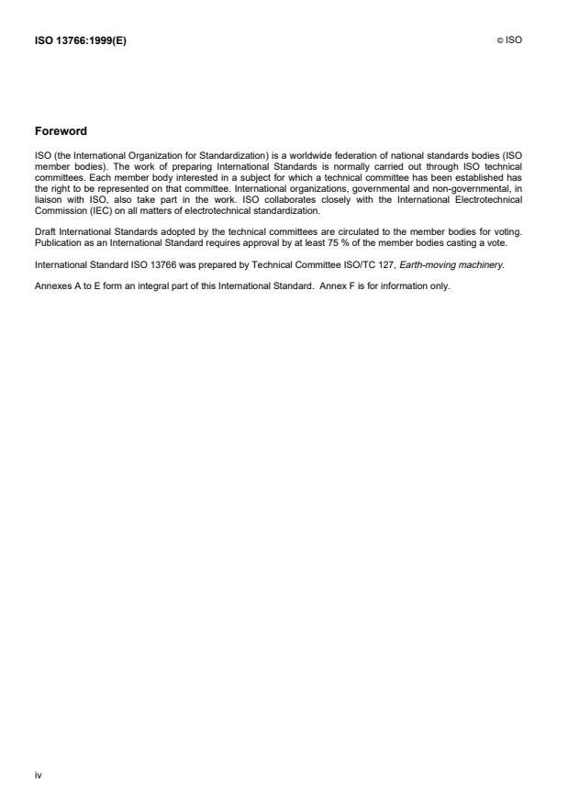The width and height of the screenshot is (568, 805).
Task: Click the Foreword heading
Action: pyautogui.click(x=61, y=131)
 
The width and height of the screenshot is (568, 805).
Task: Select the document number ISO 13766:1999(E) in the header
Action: pyautogui.click(x=81, y=40)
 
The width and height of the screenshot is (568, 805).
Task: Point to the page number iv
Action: pyautogui.click(x=39, y=776)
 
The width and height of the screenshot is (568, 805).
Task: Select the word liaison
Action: pyautogui.click(x=47, y=198)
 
